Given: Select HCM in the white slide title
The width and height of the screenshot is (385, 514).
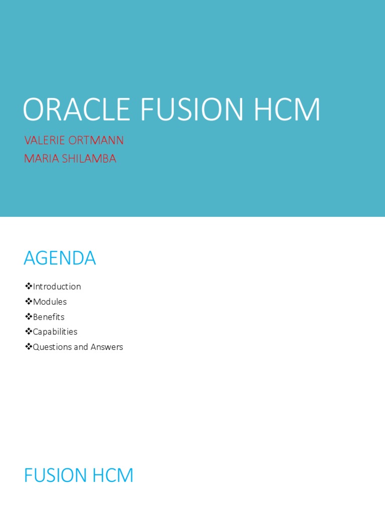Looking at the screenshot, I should coord(286,109).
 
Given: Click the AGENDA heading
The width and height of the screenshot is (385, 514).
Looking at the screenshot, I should coord(60,259).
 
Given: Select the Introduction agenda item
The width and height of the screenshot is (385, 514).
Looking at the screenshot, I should coord(57,287).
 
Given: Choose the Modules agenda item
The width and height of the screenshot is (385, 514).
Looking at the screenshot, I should coord(50,302).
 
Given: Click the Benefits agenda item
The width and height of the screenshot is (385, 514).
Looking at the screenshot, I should coord(49,317).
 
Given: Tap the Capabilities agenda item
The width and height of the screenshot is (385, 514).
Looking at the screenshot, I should coord(55,332).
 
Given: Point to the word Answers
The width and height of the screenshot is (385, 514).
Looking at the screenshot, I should coord(106,347).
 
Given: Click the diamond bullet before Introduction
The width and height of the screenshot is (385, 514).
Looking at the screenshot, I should coord(29,286).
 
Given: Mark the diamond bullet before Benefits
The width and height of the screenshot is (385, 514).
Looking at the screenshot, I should coord(29,316).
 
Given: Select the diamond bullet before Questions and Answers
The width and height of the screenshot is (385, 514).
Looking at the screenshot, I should coord(29,346).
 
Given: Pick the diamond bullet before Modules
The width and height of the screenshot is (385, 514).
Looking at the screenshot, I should coord(29,301).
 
